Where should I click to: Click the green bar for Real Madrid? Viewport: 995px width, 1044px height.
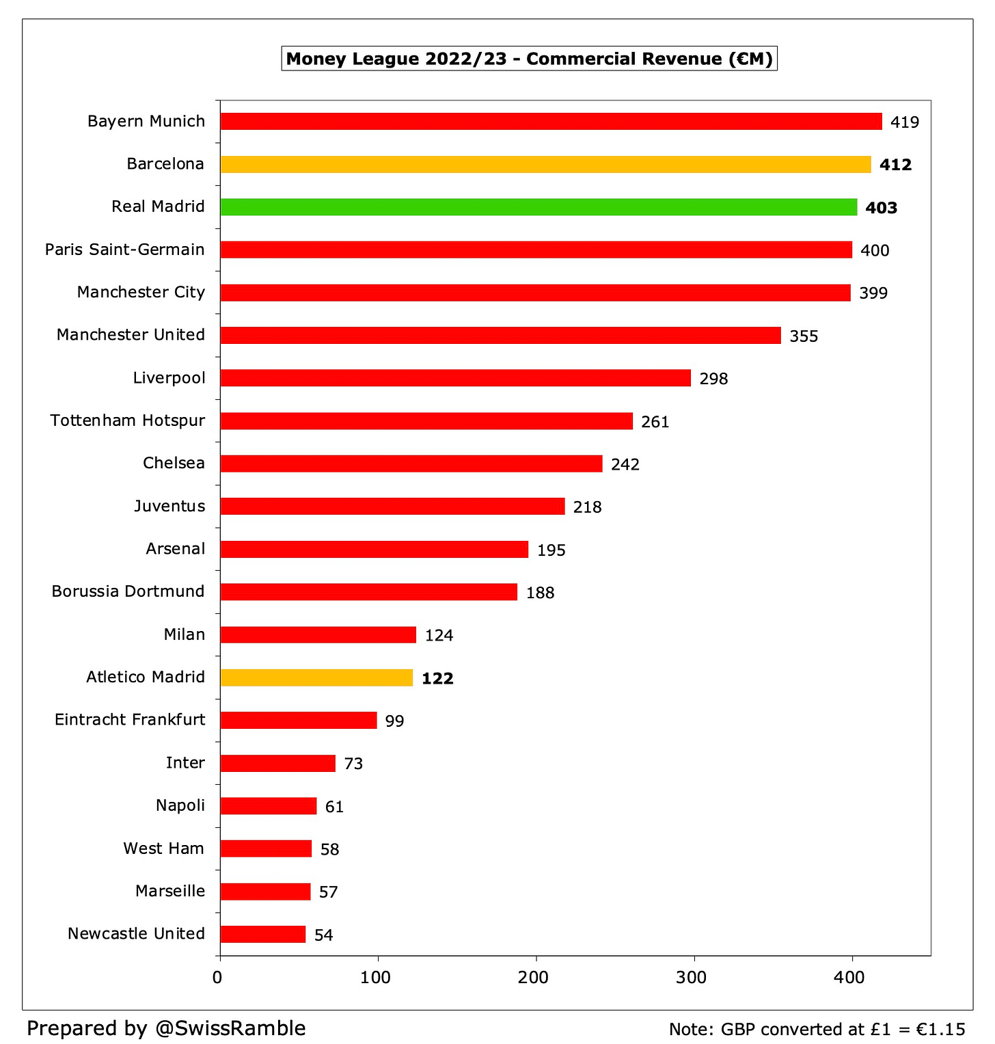pos(539,207)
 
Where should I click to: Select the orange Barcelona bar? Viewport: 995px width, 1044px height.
pos(545,164)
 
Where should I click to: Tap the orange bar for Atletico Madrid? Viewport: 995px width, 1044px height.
pos(316,678)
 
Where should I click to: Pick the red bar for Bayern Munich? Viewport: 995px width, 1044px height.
pos(551,122)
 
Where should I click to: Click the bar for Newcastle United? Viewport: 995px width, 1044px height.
pos(263,934)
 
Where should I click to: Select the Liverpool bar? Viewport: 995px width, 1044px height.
pos(455,378)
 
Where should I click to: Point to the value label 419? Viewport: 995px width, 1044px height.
pos(905,122)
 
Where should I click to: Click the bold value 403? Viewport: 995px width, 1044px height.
pos(881,208)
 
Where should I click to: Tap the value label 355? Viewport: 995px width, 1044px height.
pos(804,336)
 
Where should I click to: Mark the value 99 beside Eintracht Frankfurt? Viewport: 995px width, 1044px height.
pos(394,721)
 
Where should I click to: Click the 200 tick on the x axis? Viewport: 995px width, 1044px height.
pos(534,978)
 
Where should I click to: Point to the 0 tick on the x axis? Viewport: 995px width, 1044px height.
pos(218,978)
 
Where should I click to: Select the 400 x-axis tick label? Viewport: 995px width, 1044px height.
pos(849,978)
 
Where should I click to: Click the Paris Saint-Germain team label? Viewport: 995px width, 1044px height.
pos(125,250)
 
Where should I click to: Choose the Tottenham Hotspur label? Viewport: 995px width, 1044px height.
pos(128,420)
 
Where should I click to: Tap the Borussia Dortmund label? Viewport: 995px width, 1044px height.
pos(128,591)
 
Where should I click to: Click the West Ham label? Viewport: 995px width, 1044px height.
pos(164,848)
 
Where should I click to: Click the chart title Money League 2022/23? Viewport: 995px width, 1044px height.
pos(529,59)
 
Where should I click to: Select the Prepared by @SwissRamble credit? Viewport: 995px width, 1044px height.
pos(167,1028)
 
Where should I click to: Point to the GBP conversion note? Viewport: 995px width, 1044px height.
pos(817,1030)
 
